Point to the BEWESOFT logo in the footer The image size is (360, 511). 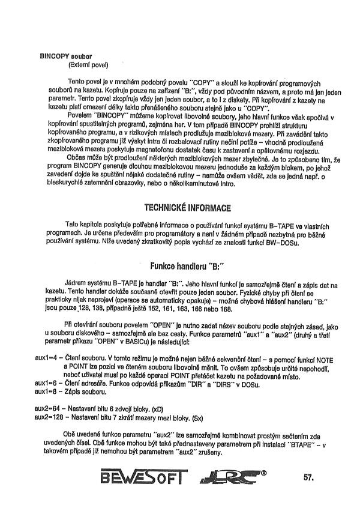(143, 477)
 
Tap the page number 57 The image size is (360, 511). (310, 478)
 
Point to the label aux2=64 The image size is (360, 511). (49, 407)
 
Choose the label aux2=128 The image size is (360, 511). (50, 416)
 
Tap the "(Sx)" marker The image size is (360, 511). (217, 416)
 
